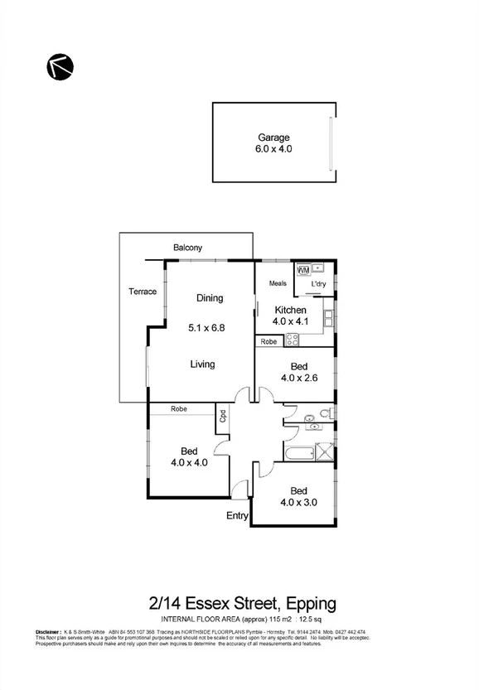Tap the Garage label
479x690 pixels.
(x=273, y=138)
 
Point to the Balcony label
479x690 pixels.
(x=188, y=248)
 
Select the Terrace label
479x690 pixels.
(x=143, y=292)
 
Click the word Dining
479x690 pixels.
(x=210, y=298)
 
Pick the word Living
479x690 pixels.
(x=202, y=364)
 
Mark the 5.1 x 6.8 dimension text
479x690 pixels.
(x=207, y=327)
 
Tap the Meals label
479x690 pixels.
(x=278, y=284)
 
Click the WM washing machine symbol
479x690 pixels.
(x=302, y=270)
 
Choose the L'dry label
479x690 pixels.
(x=318, y=286)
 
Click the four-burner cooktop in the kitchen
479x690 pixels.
(x=292, y=339)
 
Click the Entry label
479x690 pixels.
(x=238, y=516)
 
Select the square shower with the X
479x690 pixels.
(x=326, y=452)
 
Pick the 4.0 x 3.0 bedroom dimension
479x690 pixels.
(x=299, y=502)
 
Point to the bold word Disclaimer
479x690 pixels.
(x=49, y=632)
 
